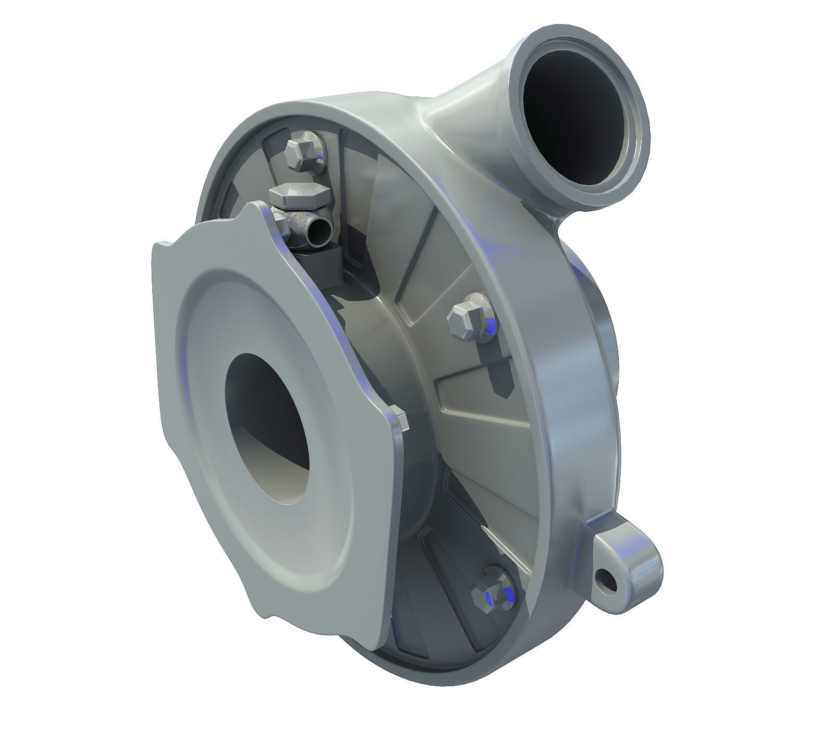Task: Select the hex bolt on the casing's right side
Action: [x=468, y=319]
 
